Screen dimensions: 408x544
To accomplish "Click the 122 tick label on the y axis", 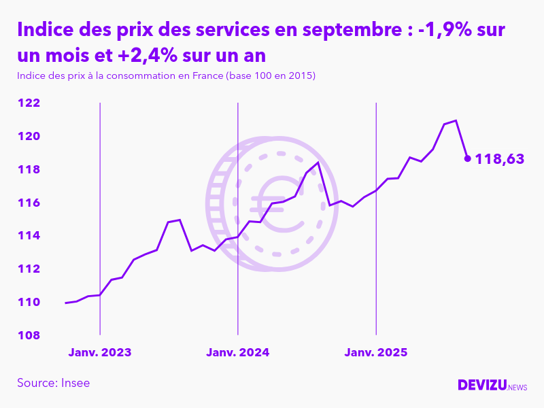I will click(28, 103).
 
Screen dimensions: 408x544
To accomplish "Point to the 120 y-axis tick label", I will click(28, 137).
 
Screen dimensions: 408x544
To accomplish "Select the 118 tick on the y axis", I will click(28, 170).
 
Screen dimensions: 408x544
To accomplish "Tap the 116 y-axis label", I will click(28, 203).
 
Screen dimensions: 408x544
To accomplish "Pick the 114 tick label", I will click(28, 236).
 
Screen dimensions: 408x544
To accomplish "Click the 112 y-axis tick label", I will click(28, 269).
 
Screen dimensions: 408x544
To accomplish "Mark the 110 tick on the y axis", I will click(28, 303).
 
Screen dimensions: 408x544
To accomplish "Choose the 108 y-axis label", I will click(28, 336).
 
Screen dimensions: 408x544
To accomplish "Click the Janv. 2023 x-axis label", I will click(100, 353).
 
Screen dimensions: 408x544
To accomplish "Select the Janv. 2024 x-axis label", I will click(238, 353).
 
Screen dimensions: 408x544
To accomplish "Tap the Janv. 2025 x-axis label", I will click(376, 353).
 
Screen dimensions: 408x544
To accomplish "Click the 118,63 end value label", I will click(500, 159).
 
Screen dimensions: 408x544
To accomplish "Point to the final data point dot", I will click(467, 158).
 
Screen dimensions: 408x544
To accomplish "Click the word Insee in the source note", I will click(75, 383).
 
